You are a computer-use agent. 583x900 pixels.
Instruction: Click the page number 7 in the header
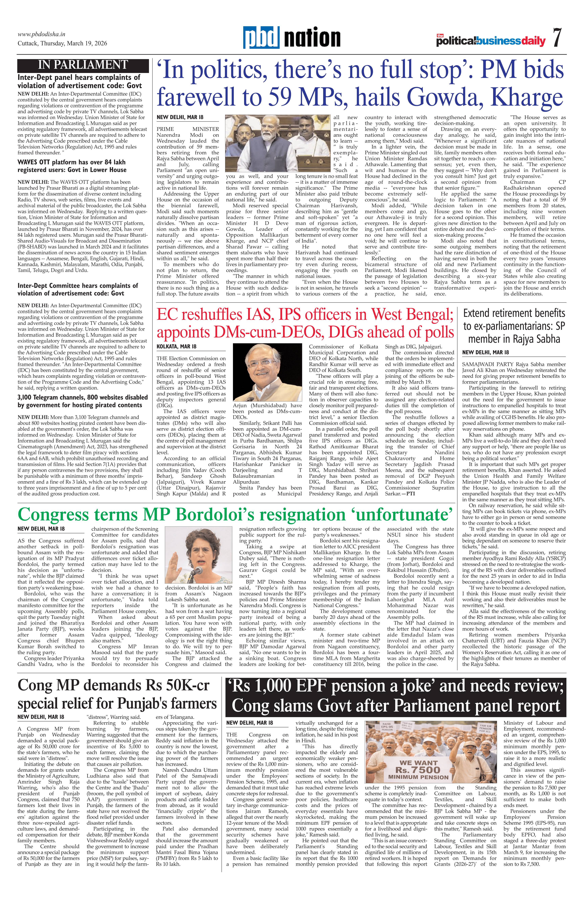tap(557, 38)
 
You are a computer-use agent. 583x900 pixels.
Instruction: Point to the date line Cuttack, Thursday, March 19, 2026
tap(62, 43)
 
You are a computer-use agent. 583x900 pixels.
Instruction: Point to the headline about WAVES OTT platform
tap(72, 166)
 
